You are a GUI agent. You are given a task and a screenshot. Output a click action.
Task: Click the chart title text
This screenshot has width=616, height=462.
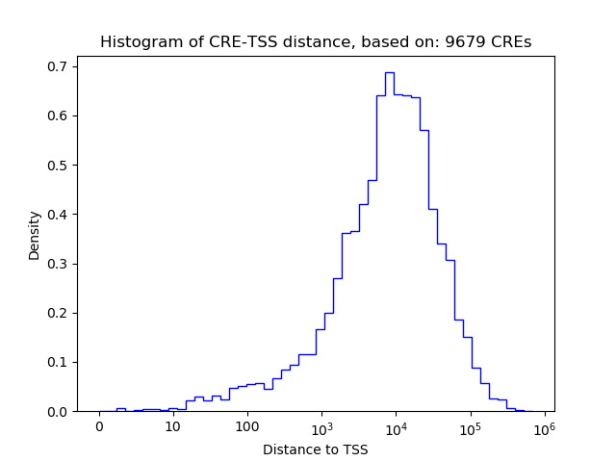[x=316, y=42]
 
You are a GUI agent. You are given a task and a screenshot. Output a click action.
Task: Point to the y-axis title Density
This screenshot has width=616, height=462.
[x=35, y=235]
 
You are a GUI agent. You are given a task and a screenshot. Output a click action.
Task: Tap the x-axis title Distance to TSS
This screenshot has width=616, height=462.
[x=315, y=449]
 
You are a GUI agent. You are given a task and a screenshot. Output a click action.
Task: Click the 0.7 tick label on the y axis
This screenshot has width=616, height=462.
[x=58, y=66]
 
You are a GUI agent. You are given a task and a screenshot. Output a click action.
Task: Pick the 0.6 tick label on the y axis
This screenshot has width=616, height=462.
[x=58, y=115]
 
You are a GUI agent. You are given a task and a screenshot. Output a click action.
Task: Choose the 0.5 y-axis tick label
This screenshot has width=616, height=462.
[x=58, y=166]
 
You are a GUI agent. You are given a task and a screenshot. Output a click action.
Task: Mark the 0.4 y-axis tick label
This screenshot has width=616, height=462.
[x=58, y=215]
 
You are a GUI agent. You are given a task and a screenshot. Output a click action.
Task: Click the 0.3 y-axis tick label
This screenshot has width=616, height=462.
[x=58, y=264]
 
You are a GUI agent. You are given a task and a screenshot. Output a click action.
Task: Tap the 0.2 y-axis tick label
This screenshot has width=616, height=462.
[x=58, y=313]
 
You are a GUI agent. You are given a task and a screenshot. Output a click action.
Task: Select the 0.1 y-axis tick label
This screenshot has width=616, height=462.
[x=58, y=362]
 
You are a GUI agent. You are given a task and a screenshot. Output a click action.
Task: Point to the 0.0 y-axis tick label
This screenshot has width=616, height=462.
[x=58, y=412]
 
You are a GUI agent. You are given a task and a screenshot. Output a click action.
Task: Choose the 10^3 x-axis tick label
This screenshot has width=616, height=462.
[x=321, y=426]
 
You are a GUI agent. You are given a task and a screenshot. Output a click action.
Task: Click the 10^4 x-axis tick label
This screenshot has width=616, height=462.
[x=396, y=426]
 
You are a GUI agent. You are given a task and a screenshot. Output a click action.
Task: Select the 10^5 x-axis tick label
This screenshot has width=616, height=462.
[x=471, y=426]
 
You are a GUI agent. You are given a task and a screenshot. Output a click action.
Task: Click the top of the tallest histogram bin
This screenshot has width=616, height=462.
[x=390, y=72]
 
